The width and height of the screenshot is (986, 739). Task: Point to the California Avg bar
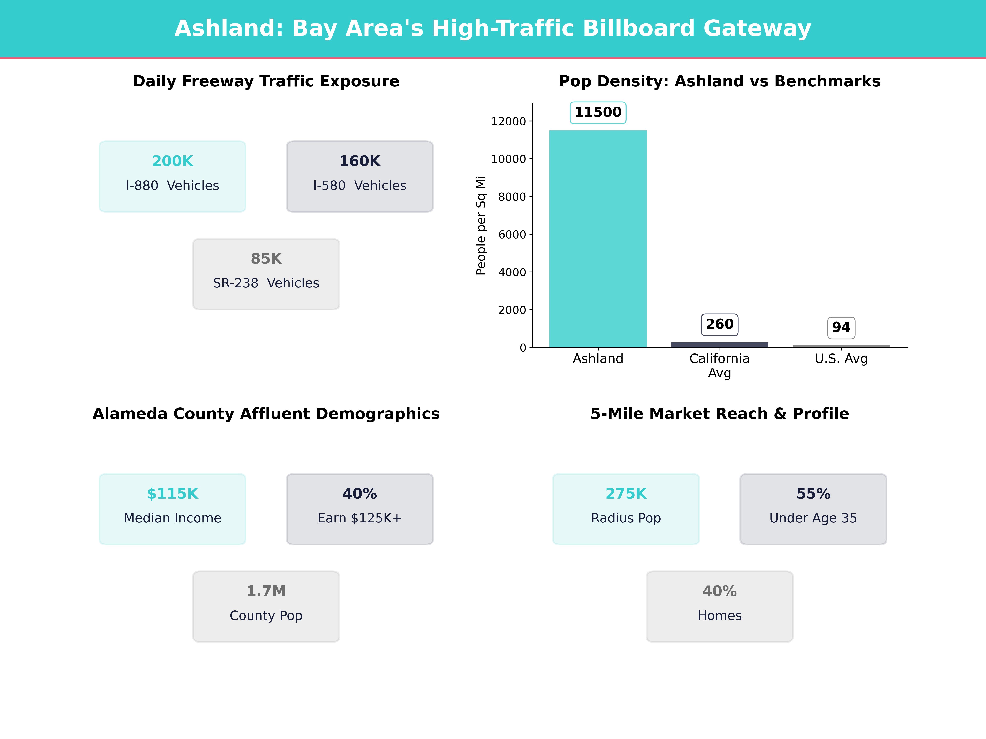719,344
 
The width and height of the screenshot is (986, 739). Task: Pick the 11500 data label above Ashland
598,112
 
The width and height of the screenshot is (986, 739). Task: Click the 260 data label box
719,324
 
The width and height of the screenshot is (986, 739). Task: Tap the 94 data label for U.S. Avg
841,327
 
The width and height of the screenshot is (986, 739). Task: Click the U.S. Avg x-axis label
841,359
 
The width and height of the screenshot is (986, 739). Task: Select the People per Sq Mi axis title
480,225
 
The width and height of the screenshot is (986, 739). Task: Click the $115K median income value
173,493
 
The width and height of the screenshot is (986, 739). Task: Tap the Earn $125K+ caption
360,518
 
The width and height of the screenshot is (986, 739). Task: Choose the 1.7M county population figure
266,591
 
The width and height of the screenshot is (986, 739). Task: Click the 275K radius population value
626,493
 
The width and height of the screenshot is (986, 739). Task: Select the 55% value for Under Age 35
813,493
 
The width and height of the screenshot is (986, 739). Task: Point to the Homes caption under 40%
719,616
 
